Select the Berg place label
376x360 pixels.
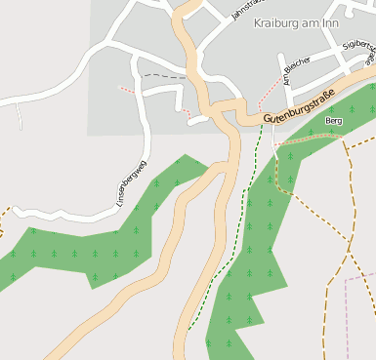[334, 120]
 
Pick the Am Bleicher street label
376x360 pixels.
[296, 70]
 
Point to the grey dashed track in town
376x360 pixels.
[161, 75]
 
